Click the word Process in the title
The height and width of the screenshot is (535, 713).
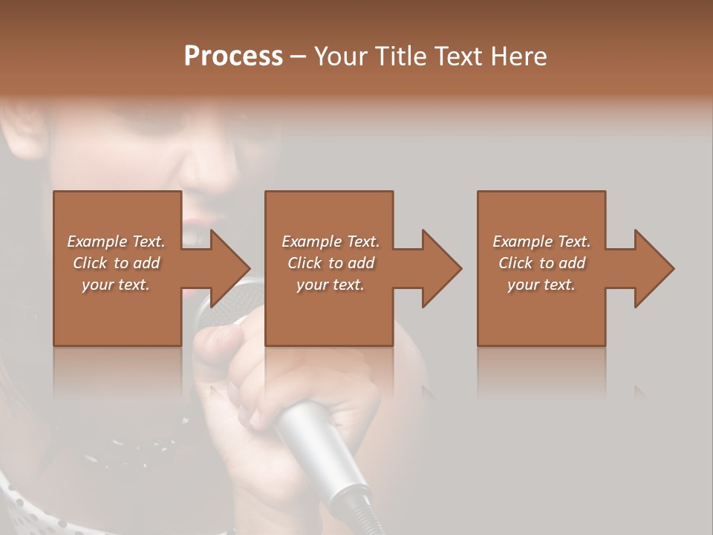pos(233,56)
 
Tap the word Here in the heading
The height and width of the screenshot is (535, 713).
pos(518,56)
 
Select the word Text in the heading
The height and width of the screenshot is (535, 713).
pos(459,56)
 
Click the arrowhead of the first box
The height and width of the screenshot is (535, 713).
pos(230,268)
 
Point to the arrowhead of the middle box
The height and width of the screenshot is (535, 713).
pos(442,268)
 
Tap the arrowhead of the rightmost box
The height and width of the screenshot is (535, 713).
pos(654,268)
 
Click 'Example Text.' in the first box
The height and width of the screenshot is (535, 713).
pos(116,241)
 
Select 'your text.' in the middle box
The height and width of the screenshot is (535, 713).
pos(330,285)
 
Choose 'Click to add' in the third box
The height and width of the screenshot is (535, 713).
pos(541,263)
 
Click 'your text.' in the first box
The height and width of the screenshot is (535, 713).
pos(116,285)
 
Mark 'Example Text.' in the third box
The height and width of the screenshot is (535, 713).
pos(541,241)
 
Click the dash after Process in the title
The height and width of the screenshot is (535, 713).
pos(298,57)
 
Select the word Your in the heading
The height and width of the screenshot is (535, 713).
pos(339,56)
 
